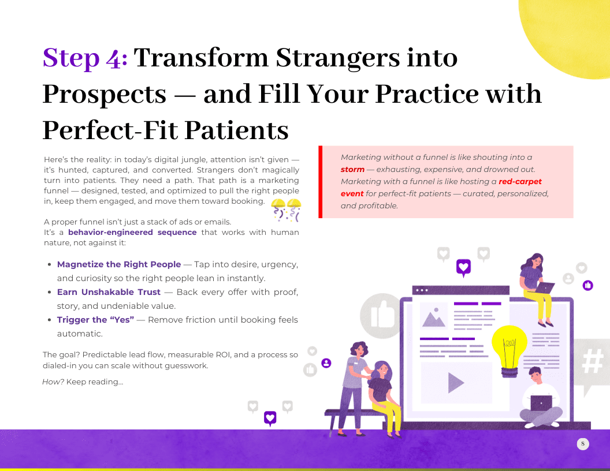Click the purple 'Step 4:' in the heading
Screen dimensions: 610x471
pyautogui.click(x=85, y=58)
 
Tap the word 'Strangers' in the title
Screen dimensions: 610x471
pyautogui.click(x=338, y=58)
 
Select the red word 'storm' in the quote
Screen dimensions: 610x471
pyautogui.click(x=352, y=170)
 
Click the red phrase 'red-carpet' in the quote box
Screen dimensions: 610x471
pyautogui.click(x=520, y=181)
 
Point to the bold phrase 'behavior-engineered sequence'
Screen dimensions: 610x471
pyautogui.click(x=132, y=233)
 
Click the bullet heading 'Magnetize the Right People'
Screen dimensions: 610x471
pyautogui.click(x=119, y=264)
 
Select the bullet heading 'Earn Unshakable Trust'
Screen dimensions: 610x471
pyautogui.click(x=109, y=292)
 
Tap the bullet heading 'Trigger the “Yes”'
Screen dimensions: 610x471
pyautogui.click(x=95, y=320)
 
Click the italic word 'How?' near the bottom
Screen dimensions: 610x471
pyautogui.click(x=53, y=382)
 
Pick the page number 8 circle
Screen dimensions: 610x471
pyautogui.click(x=583, y=443)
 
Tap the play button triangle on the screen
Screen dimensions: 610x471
pyautogui.click(x=456, y=383)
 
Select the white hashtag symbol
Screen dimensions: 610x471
pyautogui.click(x=593, y=361)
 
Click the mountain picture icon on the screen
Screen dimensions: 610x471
pyautogui.click(x=434, y=316)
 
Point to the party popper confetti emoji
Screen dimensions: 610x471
pyautogui.click(x=287, y=210)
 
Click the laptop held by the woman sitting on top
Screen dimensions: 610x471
pyautogui.click(x=545, y=287)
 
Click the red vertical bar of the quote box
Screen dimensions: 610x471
pyautogui.click(x=320, y=182)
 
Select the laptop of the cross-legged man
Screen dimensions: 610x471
pyautogui.click(x=541, y=403)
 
